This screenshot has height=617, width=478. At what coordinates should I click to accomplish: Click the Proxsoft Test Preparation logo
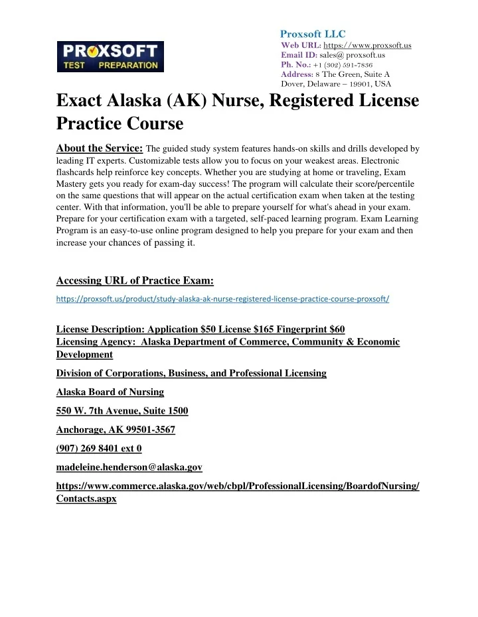(108, 56)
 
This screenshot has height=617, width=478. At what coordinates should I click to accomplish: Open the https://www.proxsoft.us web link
(366, 45)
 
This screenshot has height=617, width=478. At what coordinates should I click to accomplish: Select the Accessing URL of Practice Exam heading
(135, 279)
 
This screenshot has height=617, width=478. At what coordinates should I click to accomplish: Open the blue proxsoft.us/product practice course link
(222, 298)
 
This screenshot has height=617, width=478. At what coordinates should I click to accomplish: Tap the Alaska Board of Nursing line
(110, 392)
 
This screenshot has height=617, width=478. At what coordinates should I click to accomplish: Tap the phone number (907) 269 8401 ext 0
(94, 448)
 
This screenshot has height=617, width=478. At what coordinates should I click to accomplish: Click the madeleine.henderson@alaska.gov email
(129, 467)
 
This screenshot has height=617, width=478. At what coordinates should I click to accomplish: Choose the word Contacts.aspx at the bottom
(86, 499)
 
